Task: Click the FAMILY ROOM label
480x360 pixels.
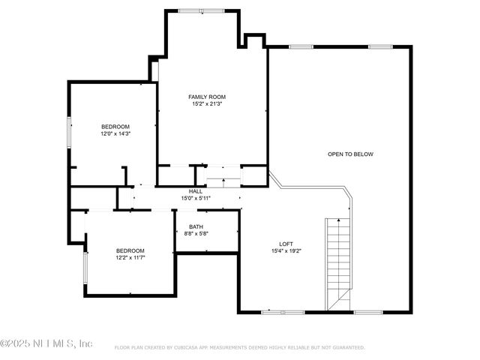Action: (206, 97)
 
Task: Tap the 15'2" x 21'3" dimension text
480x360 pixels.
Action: (206, 104)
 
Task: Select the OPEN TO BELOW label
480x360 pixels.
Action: (350, 154)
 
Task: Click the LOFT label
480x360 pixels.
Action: (286, 244)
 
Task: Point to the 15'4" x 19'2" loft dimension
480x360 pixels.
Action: (286, 251)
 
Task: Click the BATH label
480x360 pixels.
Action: (196, 226)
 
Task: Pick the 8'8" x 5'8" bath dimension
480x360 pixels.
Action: (196, 234)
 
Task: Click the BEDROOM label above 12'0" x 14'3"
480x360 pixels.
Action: (115, 126)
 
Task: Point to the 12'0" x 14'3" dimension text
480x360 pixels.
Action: (115, 133)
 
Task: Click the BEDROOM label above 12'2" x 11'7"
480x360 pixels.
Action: (130, 250)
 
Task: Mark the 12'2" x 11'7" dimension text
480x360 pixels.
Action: (130, 258)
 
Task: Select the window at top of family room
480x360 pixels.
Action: (200, 10)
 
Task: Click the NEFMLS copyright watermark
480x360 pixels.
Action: (46, 343)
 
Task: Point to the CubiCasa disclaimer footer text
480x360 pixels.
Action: (239, 348)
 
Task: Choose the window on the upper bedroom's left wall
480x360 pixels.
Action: (69, 132)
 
